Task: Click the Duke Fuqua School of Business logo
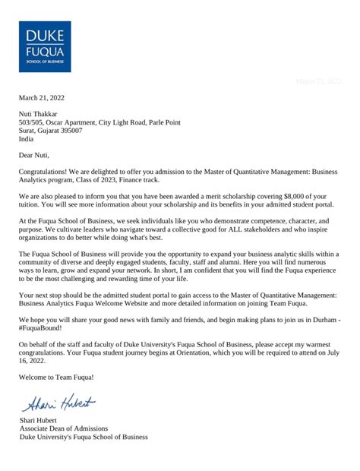[x=45, y=46]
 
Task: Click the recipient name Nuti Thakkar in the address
[x=43, y=114]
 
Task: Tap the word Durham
[x=317, y=340]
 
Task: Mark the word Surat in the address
[x=28, y=130]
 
